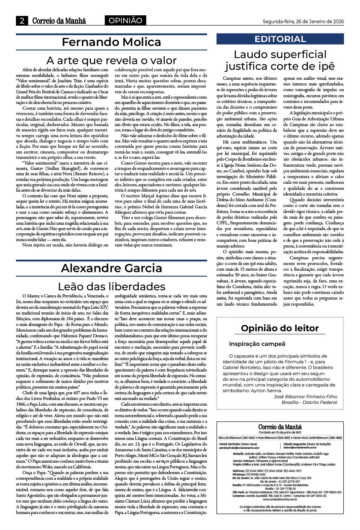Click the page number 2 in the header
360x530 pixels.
tap(22, 21)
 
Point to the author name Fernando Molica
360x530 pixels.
tap(111, 42)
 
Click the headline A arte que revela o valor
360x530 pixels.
tap(111, 60)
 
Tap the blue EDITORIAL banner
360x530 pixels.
tap(280, 39)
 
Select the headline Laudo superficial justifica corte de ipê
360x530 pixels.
tap(280, 60)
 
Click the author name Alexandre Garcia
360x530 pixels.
tap(111, 268)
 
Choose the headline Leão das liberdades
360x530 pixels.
tap(111, 286)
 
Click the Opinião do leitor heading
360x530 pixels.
tap(280, 328)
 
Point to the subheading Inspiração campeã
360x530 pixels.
tap(257, 344)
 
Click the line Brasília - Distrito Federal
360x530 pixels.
tap(309, 402)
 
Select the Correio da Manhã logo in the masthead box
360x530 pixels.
tap(280, 427)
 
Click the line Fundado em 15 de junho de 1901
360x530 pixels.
tap(280, 432)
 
